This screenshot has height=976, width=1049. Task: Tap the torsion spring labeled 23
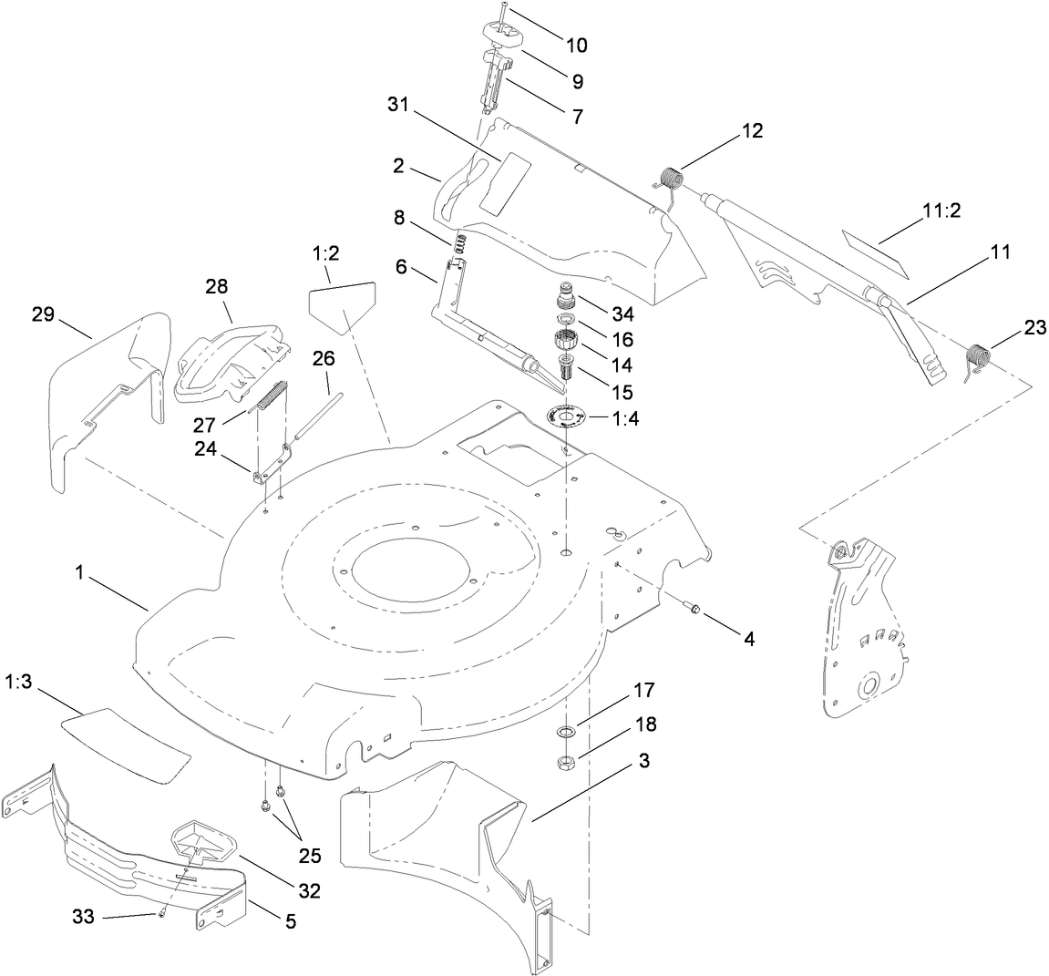click(x=977, y=356)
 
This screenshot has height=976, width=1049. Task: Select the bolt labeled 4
click(x=693, y=609)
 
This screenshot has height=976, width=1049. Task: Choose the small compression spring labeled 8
click(x=461, y=244)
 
